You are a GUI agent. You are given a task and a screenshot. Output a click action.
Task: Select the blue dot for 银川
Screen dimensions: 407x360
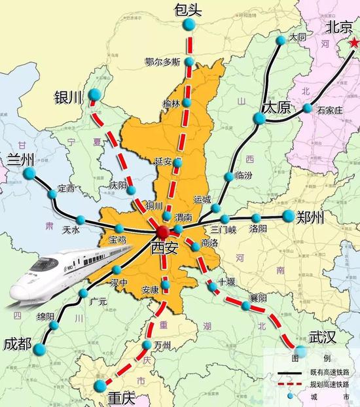click(95, 95)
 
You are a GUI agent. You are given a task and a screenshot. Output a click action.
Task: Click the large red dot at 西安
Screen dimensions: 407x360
click(162, 232)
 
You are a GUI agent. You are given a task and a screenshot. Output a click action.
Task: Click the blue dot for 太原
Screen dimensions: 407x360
click(260, 118)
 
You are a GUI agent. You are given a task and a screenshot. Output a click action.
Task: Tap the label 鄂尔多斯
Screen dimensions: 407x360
click(162, 62)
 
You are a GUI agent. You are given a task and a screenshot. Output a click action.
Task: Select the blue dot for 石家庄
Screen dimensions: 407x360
click(308, 108)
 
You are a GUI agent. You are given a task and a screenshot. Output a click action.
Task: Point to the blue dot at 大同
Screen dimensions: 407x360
click(281, 40)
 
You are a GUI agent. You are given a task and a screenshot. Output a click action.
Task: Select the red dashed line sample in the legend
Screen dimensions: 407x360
click(289, 384)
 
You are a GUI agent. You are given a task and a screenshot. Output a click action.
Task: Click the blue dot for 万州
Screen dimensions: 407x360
click(147, 345)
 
